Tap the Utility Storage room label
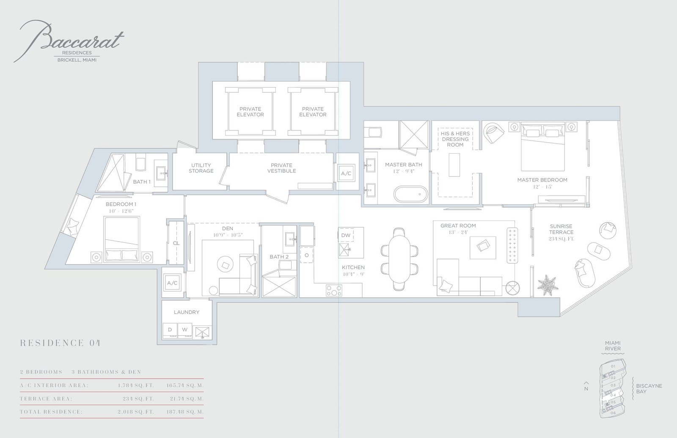(x=201, y=168)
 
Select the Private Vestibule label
(x=281, y=168)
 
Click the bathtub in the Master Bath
(x=411, y=194)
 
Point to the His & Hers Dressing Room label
(x=455, y=139)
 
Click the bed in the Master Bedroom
(x=543, y=146)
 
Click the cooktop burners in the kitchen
(x=334, y=290)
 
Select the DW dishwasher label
(x=346, y=235)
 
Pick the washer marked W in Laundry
(x=184, y=330)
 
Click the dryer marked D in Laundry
(x=170, y=330)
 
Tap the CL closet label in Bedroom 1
(x=176, y=243)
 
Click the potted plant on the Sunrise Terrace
(x=548, y=285)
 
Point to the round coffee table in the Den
(x=225, y=265)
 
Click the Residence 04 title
(x=60, y=343)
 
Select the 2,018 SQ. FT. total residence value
(x=136, y=412)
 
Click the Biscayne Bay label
(x=649, y=389)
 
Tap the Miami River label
(x=613, y=346)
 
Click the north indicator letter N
(x=586, y=389)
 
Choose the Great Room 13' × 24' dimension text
(x=458, y=232)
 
